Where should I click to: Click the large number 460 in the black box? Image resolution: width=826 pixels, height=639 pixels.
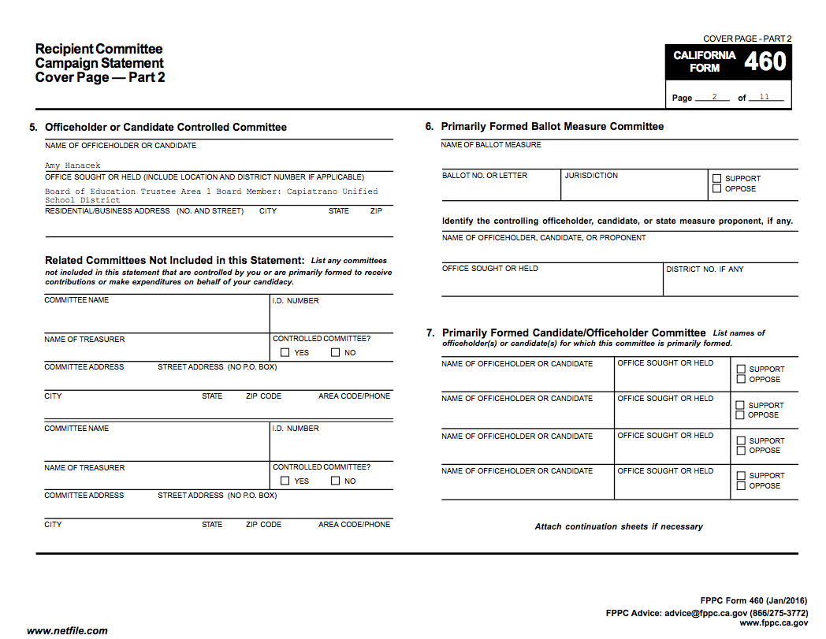(x=765, y=61)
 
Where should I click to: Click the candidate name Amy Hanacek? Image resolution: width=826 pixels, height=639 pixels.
(x=73, y=166)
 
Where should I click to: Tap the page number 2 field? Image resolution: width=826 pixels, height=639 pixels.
(x=713, y=97)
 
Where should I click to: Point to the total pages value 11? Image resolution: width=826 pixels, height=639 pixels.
(x=765, y=97)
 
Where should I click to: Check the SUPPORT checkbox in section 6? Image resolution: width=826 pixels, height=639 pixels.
(x=716, y=179)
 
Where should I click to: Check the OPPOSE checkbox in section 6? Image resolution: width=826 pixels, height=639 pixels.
(x=716, y=189)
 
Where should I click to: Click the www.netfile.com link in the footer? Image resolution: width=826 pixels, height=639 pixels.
(x=67, y=630)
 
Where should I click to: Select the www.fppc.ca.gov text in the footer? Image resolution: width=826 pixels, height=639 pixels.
(x=773, y=622)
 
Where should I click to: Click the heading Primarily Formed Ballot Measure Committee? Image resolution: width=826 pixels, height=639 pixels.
(x=552, y=126)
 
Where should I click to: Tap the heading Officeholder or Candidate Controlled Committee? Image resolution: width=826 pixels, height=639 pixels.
(x=166, y=127)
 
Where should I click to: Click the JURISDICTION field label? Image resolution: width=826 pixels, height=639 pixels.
(x=591, y=176)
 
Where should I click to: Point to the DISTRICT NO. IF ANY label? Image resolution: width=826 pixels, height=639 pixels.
(x=705, y=269)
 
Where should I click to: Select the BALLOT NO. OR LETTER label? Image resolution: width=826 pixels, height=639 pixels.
(x=485, y=176)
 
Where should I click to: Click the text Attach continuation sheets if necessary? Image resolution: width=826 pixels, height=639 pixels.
(x=619, y=526)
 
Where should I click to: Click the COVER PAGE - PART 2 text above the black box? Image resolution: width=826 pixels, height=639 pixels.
(x=746, y=39)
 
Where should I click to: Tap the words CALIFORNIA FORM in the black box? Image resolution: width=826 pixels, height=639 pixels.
(x=705, y=61)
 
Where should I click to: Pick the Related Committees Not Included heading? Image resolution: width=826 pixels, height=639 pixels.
(x=174, y=260)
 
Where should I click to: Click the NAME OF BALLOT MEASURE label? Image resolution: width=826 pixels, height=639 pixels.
(x=491, y=145)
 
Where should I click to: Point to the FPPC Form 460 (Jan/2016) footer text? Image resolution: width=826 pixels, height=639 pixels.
(x=753, y=601)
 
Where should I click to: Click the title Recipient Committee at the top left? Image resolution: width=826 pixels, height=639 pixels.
(x=99, y=50)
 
